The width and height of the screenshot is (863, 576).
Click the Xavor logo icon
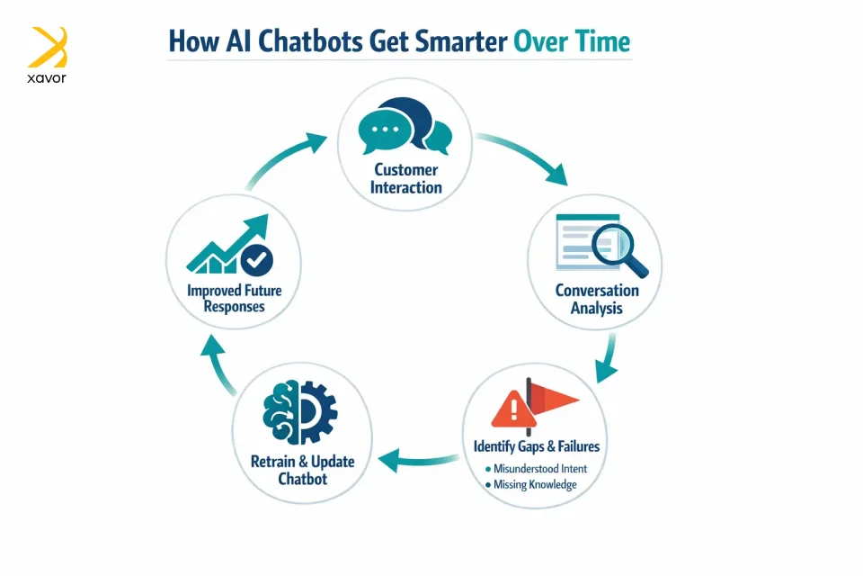coord(48,47)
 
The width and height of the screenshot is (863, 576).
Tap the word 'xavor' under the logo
coord(47,77)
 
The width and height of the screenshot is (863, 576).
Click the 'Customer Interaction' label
coord(406,178)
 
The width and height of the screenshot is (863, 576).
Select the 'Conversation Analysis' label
coord(597,299)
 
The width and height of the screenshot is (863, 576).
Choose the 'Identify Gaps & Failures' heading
coord(536,445)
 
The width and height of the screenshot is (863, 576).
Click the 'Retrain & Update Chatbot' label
coord(302,470)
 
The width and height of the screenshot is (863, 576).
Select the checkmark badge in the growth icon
coord(258,260)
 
